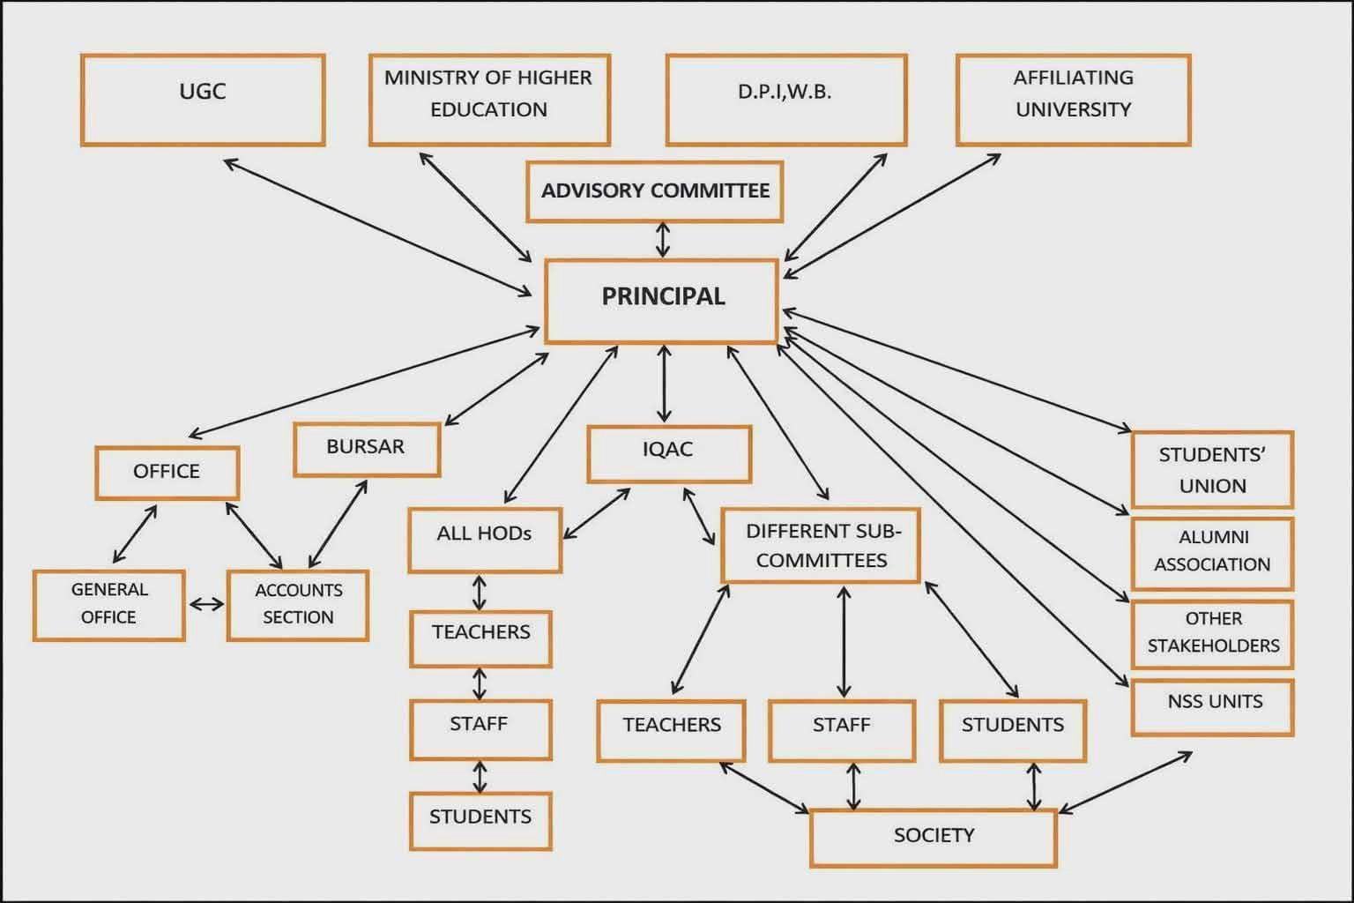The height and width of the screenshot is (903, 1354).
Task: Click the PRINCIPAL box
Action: (x=662, y=300)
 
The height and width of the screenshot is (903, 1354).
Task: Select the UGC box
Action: (x=203, y=100)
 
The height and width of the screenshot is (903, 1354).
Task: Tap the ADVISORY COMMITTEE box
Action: (x=655, y=191)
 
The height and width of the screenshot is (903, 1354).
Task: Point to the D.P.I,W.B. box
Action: (x=785, y=100)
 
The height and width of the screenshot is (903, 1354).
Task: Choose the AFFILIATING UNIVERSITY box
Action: (x=1073, y=100)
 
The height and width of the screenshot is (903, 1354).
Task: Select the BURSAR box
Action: (x=366, y=449)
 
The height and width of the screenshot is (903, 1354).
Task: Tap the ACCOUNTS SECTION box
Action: (x=298, y=604)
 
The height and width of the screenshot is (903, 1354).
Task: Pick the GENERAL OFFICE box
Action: (x=109, y=604)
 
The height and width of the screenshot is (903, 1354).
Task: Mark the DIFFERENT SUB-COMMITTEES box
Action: (x=821, y=545)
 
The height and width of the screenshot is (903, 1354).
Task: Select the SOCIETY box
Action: (x=933, y=837)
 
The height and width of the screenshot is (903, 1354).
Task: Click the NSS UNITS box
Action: (x=1213, y=706)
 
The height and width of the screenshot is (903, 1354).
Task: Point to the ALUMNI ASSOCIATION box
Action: (x=1212, y=552)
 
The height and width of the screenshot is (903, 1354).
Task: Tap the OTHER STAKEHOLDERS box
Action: (x=1212, y=634)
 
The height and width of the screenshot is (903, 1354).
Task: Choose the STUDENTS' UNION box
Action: (x=1212, y=469)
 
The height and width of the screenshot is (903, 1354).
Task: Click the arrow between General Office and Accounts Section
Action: (x=206, y=604)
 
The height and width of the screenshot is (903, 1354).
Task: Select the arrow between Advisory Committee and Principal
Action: (x=662, y=240)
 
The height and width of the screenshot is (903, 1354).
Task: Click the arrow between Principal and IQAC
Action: (x=664, y=384)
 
